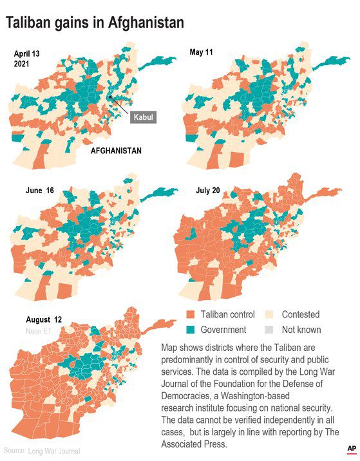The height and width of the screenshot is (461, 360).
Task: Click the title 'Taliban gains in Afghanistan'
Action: [x=95, y=23]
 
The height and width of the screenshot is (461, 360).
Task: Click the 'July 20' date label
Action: [x=209, y=191]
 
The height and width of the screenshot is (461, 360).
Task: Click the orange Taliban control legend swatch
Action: [x=190, y=315]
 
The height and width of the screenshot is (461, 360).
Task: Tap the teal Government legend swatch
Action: [x=190, y=330]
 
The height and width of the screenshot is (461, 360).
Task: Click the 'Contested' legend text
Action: [x=300, y=315]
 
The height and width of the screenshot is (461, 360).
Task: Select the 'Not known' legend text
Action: [x=301, y=330]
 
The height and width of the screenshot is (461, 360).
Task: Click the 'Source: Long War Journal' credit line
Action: [x=42, y=451]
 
